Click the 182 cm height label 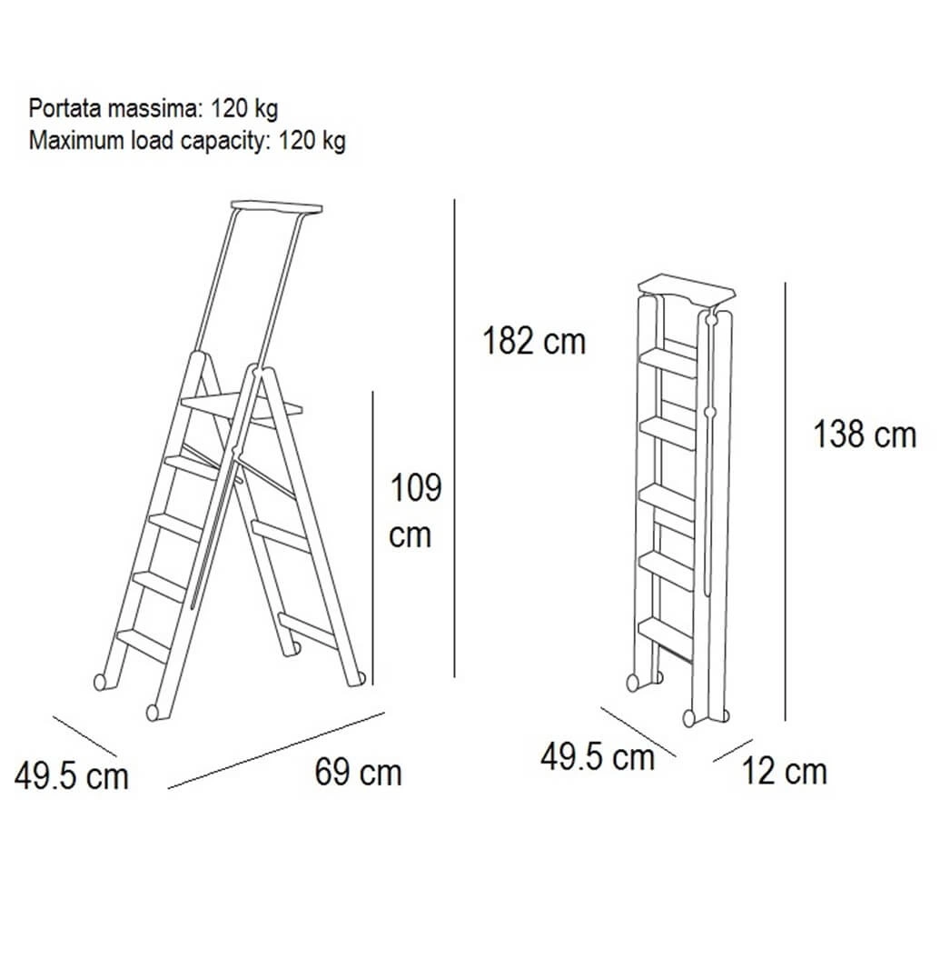click(534, 342)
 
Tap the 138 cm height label click(865, 435)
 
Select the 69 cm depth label click(358, 772)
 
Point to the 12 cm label click(784, 771)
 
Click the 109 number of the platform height click(415, 487)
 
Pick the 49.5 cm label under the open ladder click(71, 776)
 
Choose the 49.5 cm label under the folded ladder click(597, 756)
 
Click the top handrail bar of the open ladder click(276, 206)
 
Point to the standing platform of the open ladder click(242, 406)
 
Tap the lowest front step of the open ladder click(144, 644)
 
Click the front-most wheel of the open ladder click(153, 713)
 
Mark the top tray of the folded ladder click(687, 289)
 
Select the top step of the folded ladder click(668, 363)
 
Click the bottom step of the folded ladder click(666, 637)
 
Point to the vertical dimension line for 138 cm click(786, 502)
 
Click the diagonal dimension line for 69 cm click(276, 750)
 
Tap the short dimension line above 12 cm click(733, 751)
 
